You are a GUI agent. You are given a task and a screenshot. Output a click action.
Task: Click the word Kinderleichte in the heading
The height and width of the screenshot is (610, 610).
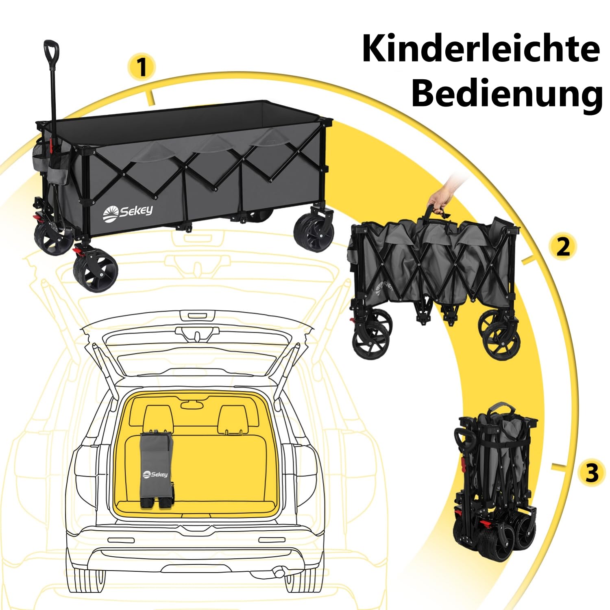pyautogui.click(x=481, y=49)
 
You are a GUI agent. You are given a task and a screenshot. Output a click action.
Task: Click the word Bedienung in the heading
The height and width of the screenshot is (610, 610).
pyautogui.click(x=507, y=94)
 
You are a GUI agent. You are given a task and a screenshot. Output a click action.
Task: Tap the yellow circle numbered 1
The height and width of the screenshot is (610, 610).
pyautogui.click(x=142, y=67)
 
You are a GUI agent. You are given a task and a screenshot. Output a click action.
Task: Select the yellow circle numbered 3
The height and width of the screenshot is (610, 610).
pyautogui.click(x=592, y=473)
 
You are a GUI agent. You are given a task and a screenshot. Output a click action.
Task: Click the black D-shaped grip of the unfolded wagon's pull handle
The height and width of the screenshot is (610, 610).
pyautogui.click(x=51, y=51)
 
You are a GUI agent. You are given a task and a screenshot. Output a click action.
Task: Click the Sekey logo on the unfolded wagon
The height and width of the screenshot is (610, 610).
pyautogui.click(x=127, y=211)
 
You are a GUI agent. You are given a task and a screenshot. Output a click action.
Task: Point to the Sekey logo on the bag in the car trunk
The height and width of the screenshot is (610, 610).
pyautogui.click(x=155, y=474)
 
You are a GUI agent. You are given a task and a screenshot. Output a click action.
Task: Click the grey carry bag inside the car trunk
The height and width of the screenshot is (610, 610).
pyautogui.click(x=157, y=470)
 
